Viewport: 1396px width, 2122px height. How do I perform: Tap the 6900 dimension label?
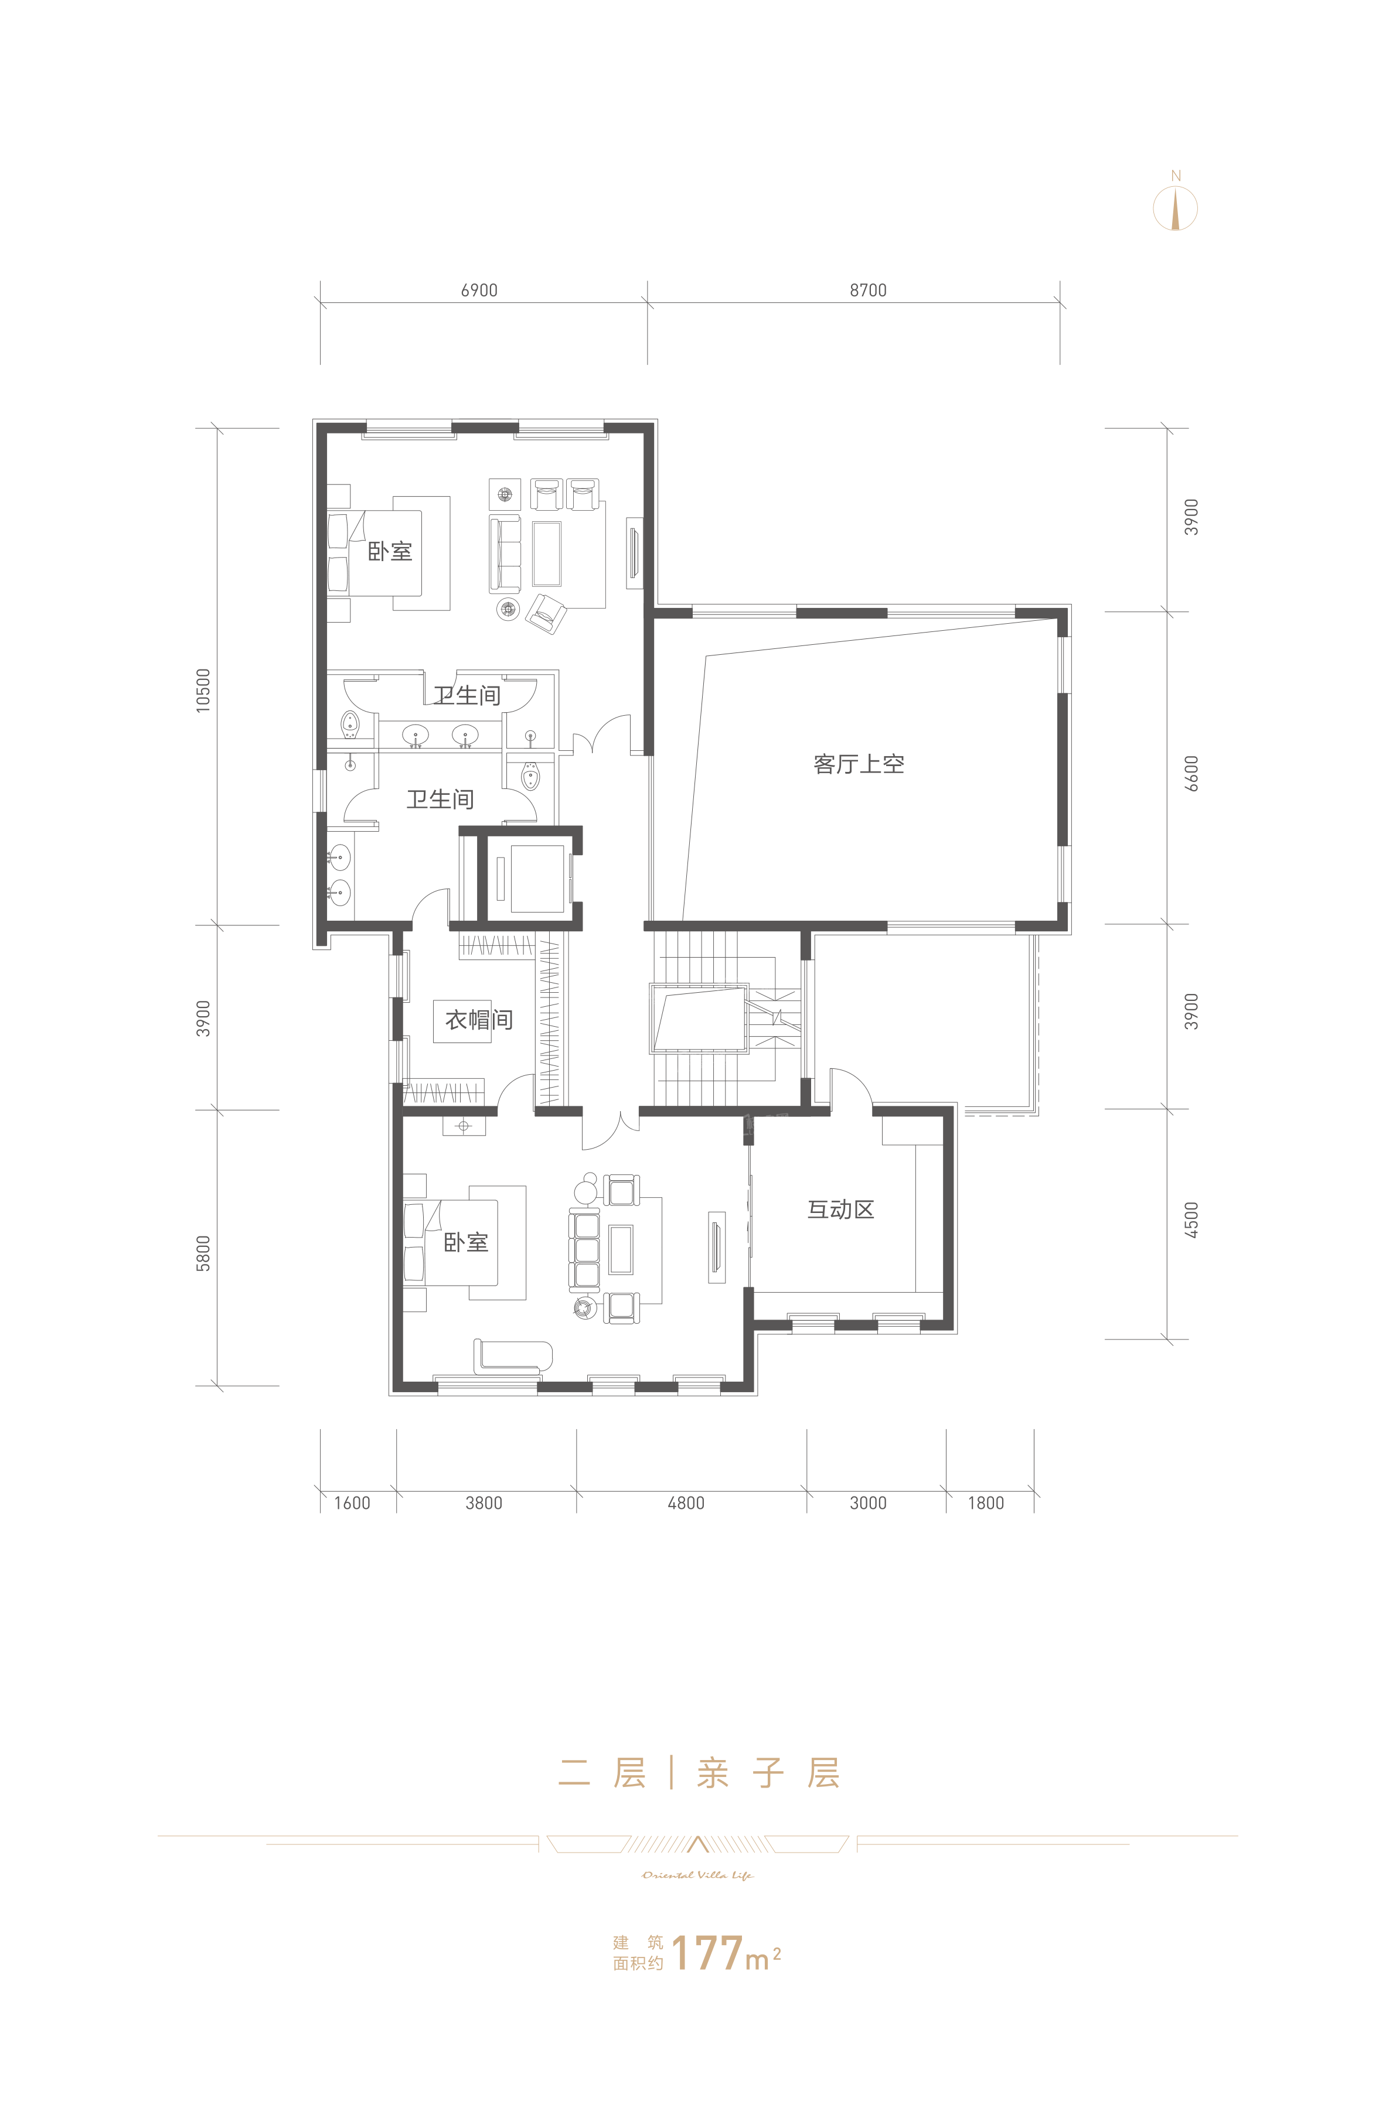479,291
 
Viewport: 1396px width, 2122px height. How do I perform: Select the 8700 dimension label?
868,291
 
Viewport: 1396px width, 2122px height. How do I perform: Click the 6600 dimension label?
1191,774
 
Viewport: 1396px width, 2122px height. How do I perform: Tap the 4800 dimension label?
686,1503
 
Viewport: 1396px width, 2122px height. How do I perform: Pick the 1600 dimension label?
352,1503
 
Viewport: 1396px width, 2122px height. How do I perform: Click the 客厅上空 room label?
859,764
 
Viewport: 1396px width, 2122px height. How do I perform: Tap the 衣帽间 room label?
479,1019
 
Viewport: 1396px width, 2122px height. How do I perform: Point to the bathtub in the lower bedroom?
513,1355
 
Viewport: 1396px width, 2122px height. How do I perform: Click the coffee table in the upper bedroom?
547,553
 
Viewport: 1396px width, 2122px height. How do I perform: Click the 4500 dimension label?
1191,1219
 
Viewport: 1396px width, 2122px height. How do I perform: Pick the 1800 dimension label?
986,1503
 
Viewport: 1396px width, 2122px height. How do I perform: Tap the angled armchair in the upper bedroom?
546,613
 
